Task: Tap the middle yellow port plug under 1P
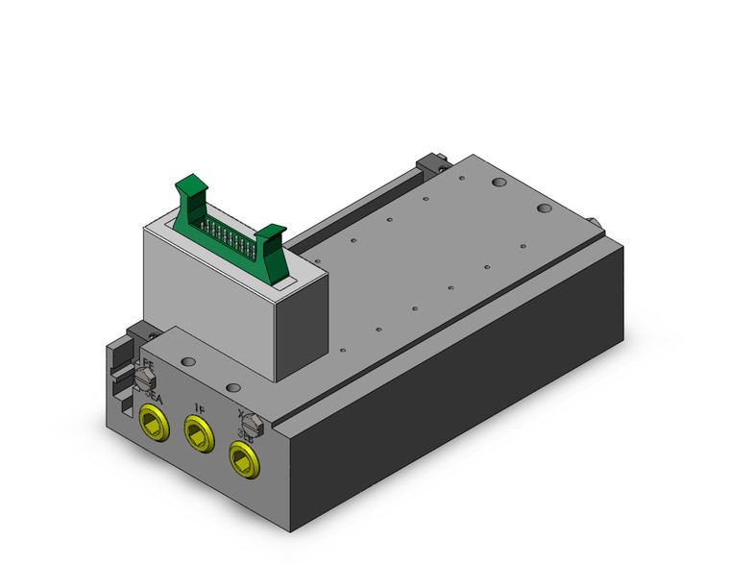(199, 435)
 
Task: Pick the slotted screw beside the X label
(251, 422)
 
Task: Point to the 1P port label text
(199, 408)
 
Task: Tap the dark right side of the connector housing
(304, 317)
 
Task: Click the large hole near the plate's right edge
(545, 208)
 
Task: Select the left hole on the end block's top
(187, 362)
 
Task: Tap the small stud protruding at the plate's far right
(597, 224)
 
